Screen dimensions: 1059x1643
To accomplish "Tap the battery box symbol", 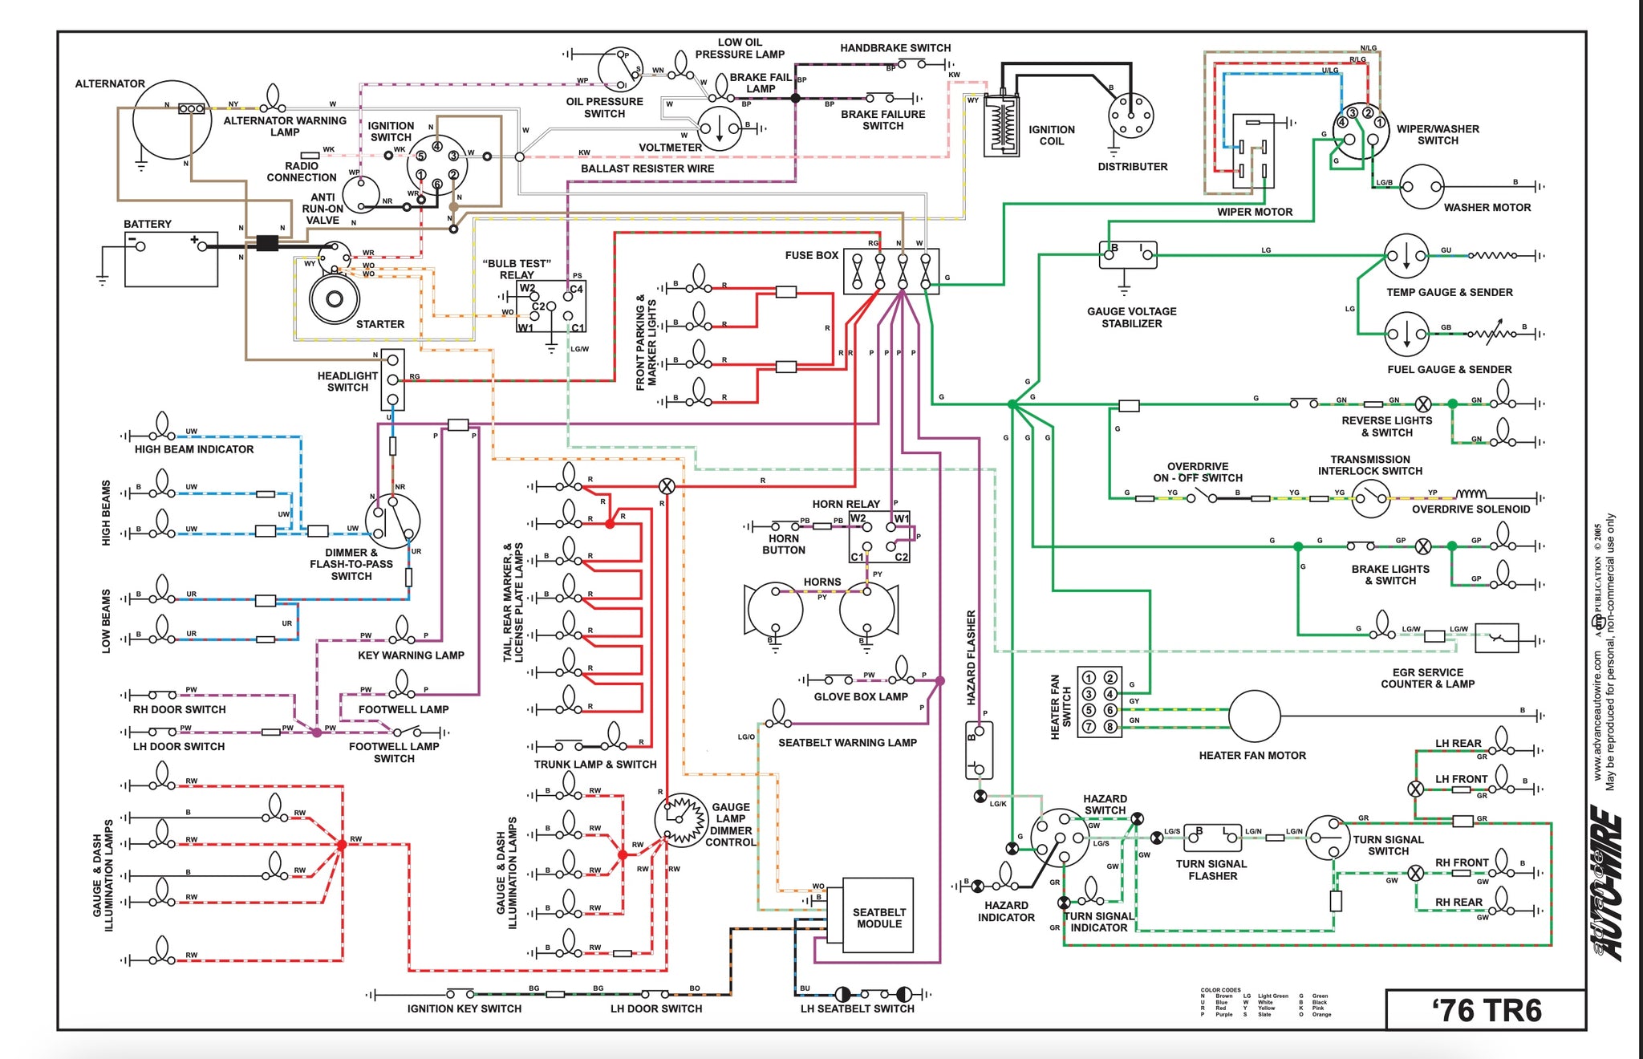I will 171,259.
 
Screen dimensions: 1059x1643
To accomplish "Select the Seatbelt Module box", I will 878,915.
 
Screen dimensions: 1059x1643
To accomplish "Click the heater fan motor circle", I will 1254,716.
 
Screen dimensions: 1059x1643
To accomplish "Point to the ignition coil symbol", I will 1001,124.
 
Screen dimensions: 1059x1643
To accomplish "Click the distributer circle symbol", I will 1130,116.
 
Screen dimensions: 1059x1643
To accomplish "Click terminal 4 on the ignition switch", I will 437,146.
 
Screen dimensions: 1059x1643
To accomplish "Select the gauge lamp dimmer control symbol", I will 681,819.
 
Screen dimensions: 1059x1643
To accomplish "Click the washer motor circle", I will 1422,187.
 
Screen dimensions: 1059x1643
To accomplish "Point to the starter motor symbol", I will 335,298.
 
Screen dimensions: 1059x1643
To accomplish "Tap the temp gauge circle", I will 1406,256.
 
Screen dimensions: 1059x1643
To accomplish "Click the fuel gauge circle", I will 1406,334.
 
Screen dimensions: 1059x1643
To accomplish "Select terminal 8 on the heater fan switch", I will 1110,727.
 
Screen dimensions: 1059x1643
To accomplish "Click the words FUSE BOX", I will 811,255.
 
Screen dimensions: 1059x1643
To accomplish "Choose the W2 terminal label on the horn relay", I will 858,518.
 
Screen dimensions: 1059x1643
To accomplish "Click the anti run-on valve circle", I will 361,194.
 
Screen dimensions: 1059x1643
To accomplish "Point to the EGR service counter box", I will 1496,638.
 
